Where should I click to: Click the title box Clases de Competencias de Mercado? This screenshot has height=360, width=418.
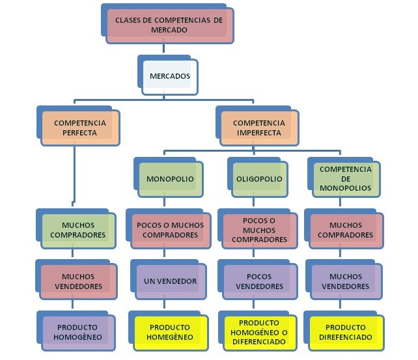[x=169, y=25]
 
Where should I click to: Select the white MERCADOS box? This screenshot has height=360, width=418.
[x=170, y=77]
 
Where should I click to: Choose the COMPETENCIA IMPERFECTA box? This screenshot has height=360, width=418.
[x=258, y=128]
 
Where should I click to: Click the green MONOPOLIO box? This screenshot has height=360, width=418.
[x=170, y=179]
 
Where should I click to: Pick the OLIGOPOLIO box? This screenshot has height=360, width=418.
[x=258, y=179]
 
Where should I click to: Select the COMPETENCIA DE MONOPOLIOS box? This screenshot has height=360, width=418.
[x=345, y=178]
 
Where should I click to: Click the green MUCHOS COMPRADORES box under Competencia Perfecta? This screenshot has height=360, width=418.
[x=79, y=230]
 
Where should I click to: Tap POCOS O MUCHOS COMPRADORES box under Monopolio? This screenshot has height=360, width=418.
[x=170, y=230]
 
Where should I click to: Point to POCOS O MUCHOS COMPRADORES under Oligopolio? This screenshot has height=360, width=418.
[x=258, y=230]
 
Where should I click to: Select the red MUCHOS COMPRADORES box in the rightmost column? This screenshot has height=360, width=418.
[x=345, y=230]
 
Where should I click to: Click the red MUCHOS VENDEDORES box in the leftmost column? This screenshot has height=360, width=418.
[x=79, y=281]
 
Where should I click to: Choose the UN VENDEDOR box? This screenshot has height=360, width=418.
[x=170, y=281]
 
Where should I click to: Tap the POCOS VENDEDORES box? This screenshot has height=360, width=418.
[x=258, y=281]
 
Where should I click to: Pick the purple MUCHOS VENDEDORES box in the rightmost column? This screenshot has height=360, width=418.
[x=345, y=281]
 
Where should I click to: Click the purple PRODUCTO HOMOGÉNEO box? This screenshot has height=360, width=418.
[x=79, y=332]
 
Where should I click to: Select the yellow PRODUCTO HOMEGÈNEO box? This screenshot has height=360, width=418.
[x=170, y=332]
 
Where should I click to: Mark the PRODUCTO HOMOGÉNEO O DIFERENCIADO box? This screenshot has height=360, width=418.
[x=258, y=332]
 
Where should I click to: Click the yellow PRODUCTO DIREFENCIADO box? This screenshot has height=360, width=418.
[x=345, y=332]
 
